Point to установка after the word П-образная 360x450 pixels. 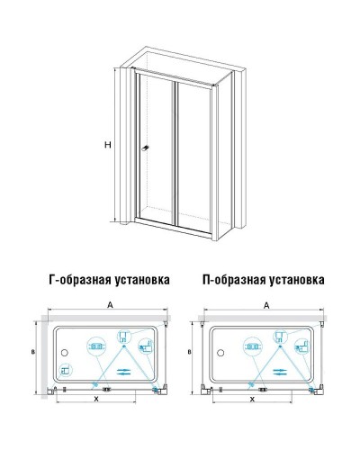coord(292,280)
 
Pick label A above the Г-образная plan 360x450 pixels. coord(109,305)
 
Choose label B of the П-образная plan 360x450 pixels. coord(191,354)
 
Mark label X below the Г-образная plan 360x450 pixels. coord(94,398)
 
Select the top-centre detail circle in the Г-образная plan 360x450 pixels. coord(121,343)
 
